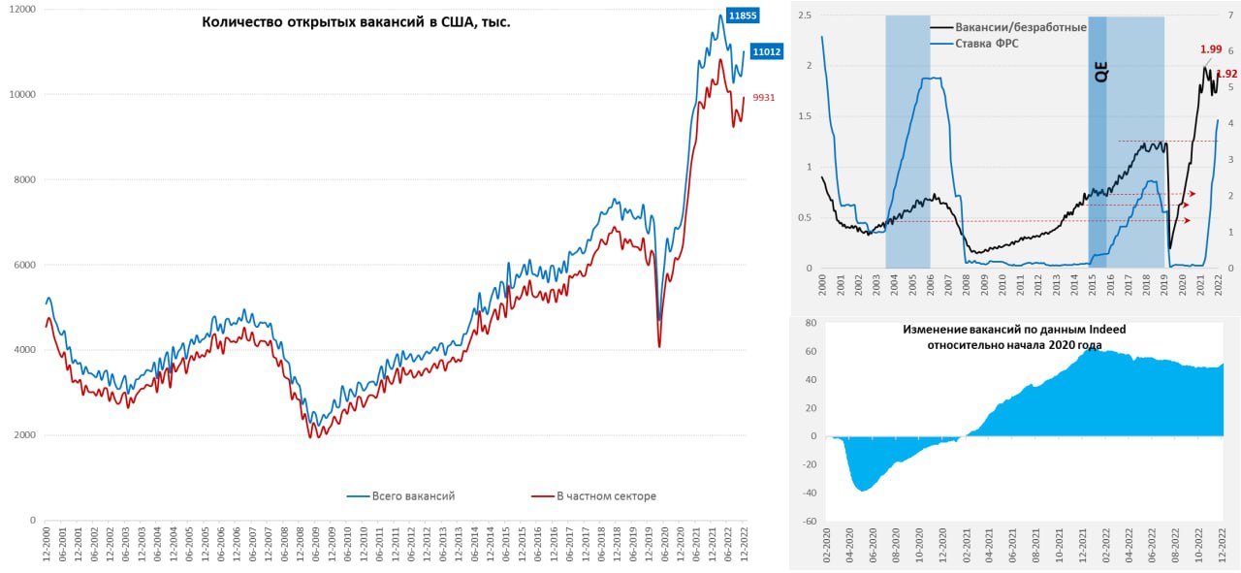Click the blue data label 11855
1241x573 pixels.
(x=743, y=16)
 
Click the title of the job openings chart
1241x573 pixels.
(x=356, y=22)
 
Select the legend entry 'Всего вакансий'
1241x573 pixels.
(x=413, y=496)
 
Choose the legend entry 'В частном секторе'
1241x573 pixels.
(x=606, y=496)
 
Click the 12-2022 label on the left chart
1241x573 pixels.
(x=744, y=545)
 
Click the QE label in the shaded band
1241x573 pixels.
(x=1099, y=72)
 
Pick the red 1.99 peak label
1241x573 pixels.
(x=1210, y=49)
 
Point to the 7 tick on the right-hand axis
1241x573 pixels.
(x=1229, y=16)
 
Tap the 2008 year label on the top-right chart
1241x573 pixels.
(x=966, y=287)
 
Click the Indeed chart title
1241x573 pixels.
(x=1014, y=336)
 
